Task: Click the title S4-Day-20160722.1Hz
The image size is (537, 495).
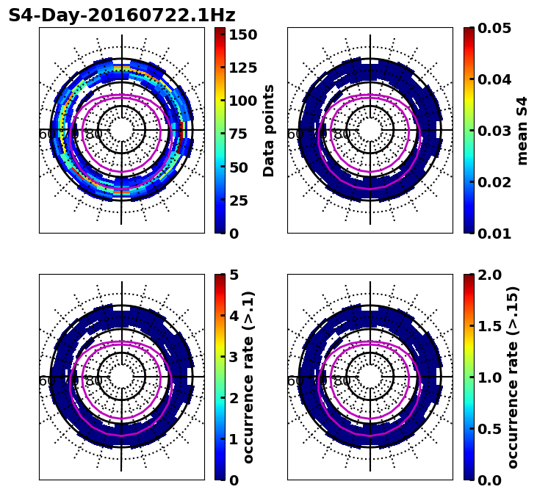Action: [x=122, y=15]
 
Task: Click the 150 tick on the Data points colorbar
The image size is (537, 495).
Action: [x=243, y=35]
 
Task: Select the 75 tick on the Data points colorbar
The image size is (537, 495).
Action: [x=243, y=134]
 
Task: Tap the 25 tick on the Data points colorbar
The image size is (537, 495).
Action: [x=243, y=200]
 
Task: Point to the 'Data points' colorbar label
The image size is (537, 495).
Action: [x=269, y=130]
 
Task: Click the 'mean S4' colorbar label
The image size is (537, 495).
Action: [x=522, y=130]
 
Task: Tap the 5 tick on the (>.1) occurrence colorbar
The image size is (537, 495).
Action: [x=234, y=275]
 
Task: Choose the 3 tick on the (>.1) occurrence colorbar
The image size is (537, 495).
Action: [x=234, y=357]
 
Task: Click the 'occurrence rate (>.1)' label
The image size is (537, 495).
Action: [x=248, y=377]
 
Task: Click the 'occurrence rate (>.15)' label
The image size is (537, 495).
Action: [x=513, y=377]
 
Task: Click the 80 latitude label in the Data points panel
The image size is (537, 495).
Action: [x=94, y=134]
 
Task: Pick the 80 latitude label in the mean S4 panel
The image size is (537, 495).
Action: [x=342, y=134]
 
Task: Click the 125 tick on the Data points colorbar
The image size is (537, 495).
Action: [x=243, y=68]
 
